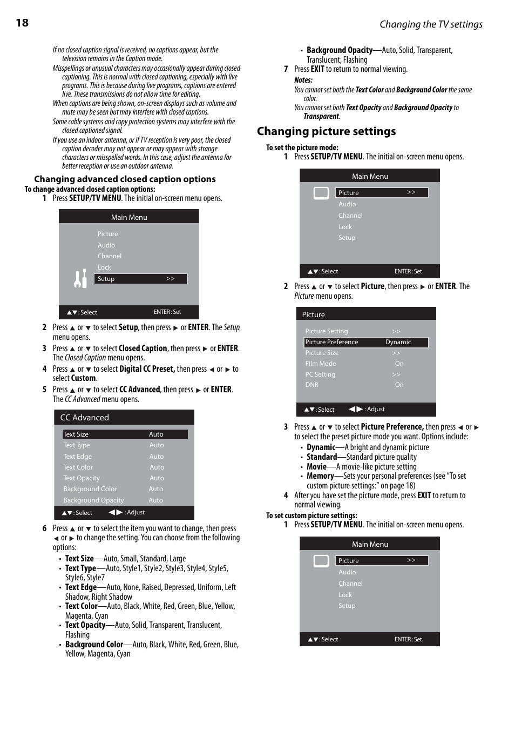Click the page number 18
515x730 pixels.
22,23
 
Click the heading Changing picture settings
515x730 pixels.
326,131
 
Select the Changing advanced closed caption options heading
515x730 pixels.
125,179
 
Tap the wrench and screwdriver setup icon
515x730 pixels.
80,279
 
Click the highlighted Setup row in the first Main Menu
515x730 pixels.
140,279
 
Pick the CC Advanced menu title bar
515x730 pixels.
124,417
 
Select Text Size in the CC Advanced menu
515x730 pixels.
76,434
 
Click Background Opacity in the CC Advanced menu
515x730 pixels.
93,500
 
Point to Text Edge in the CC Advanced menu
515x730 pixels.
77,457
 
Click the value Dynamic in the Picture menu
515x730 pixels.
398,342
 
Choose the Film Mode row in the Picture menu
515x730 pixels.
321,364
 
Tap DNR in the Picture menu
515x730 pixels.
311,385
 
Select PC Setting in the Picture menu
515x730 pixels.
320,374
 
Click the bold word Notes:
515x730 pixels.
303,80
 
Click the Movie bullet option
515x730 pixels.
317,466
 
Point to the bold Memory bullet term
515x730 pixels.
320,476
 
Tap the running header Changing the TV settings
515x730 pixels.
431,24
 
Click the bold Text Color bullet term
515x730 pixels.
82,606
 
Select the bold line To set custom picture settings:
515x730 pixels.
311,515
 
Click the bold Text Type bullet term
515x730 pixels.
80,568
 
